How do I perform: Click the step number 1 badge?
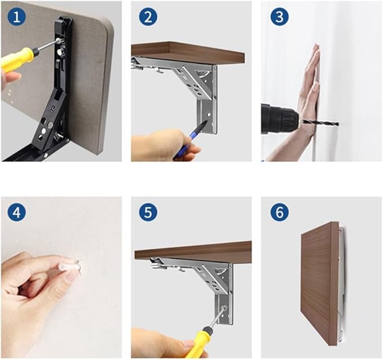click(17, 17)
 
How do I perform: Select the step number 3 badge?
click(279, 17)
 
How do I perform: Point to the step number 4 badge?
click(17, 212)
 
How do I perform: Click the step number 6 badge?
click(279, 212)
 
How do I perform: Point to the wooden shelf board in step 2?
click(186, 52)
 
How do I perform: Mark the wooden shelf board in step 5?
click(192, 251)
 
